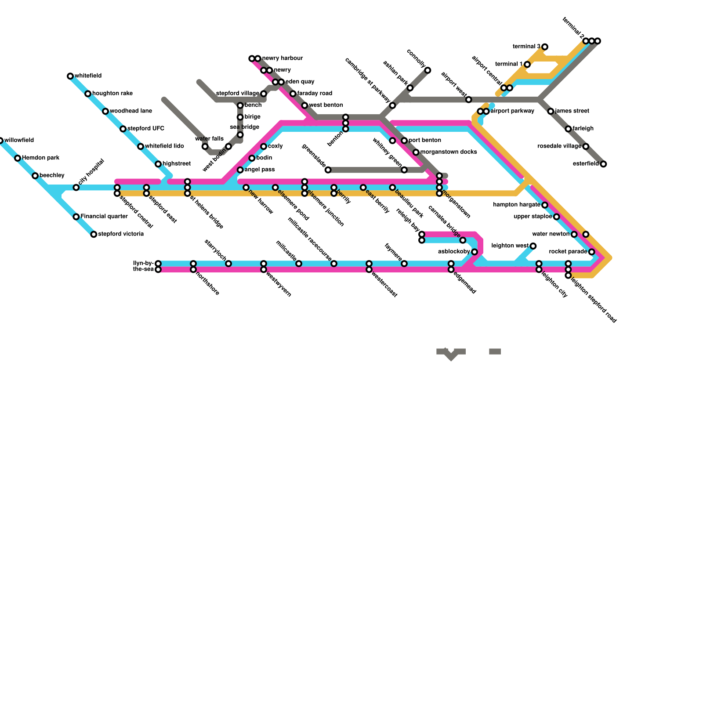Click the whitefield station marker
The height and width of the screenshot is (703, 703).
click(70, 76)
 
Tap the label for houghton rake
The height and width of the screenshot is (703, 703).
click(112, 94)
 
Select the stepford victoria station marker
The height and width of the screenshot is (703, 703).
click(94, 235)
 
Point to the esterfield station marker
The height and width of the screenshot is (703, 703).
click(603, 164)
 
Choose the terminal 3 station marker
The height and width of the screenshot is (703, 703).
click(545, 47)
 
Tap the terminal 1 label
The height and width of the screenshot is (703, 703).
click(509, 64)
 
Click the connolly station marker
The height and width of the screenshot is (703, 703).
click(428, 70)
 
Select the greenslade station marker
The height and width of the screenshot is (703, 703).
click(328, 170)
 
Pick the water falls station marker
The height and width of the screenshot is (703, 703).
click(205, 147)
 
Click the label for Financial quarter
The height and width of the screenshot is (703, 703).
click(104, 217)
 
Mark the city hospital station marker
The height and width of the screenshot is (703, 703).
click(76, 188)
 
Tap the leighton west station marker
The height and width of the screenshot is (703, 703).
click(533, 246)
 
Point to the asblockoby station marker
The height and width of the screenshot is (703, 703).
click(475, 252)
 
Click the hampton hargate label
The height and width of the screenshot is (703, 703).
click(516, 205)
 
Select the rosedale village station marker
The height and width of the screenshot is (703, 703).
click(586, 147)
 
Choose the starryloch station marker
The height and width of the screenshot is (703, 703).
click(228, 264)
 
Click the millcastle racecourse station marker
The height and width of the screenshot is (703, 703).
click(334, 264)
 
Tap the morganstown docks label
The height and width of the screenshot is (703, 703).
click(449, 152)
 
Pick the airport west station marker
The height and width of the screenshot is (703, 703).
click(469, 100)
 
